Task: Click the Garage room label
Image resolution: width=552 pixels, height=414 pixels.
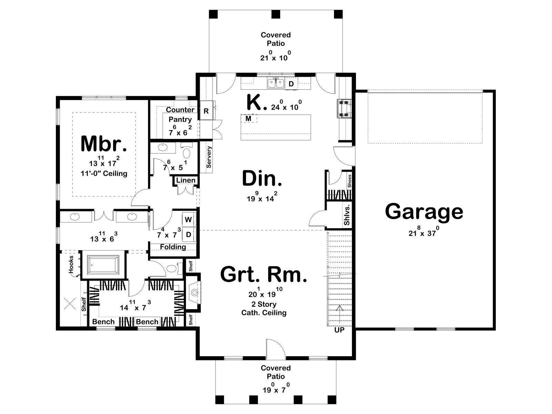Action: click(424, 211)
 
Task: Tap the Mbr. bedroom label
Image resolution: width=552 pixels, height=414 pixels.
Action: click(103, 144)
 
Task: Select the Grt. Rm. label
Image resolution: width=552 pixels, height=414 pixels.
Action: click(264, 275)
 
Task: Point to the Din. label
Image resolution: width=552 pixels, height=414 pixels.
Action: click(262, 178)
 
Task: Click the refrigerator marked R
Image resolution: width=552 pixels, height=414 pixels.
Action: click(206, 111)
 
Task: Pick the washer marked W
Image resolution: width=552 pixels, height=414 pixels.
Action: click(188, 219)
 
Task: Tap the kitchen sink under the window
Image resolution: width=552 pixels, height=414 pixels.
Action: click(276, 83)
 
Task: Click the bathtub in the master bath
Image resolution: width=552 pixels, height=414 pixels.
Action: click(103, 265)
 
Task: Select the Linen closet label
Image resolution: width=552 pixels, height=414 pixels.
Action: click(186, 180)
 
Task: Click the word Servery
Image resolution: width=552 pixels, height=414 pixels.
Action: click(209, 157)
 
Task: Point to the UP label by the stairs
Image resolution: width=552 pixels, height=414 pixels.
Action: click(339, 330)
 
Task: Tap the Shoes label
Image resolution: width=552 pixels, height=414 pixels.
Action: click(349, 181)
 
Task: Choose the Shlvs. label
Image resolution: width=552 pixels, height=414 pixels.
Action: click(347, 215)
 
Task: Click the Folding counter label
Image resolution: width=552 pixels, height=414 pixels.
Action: click(173, 247)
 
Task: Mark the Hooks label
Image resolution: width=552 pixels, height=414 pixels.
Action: click(71, 264)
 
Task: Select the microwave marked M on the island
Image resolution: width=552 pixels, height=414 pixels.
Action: click(249, 118)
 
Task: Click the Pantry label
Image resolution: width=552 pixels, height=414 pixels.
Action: click(180, 119)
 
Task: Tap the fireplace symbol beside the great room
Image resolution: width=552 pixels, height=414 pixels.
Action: click(194, 293)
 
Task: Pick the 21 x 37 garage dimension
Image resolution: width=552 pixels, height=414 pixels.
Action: click(424, 232)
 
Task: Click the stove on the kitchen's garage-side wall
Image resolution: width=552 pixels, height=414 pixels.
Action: click(345, 109)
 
